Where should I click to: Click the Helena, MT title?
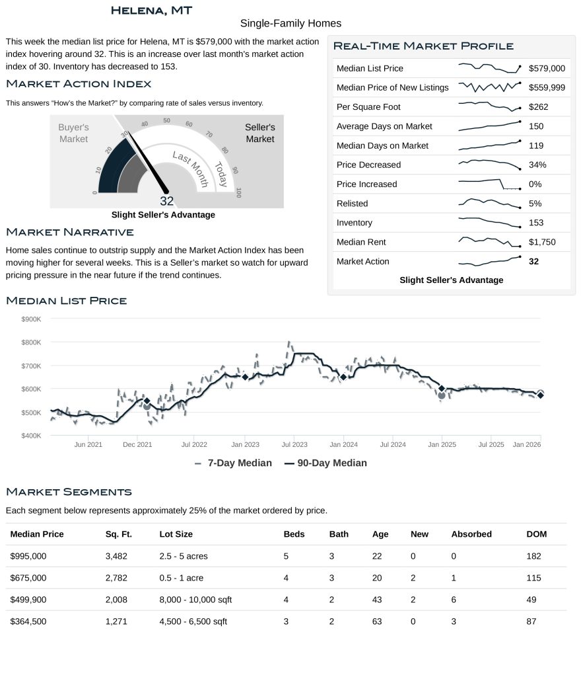click(151, 10)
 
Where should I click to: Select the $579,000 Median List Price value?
click(547, 68)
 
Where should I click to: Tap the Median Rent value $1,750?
click(542, 242)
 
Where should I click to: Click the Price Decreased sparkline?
click(489, 164)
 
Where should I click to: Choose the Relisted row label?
click(352, 204)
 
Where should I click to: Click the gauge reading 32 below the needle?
click(166, 201)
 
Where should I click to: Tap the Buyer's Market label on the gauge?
click(73, 133)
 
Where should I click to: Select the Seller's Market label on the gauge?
click(259, 133)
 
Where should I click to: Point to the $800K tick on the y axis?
click(32, 342)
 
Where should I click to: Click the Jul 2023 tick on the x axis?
click(294, 445)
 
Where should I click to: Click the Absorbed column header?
click(471, 534)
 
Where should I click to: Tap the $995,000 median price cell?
click(28, 556)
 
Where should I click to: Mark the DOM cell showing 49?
click(533, 600)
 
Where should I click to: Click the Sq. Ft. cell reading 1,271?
click(116, 621)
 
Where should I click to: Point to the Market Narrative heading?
click(69, 232)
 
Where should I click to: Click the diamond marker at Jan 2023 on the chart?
click(245, 377)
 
